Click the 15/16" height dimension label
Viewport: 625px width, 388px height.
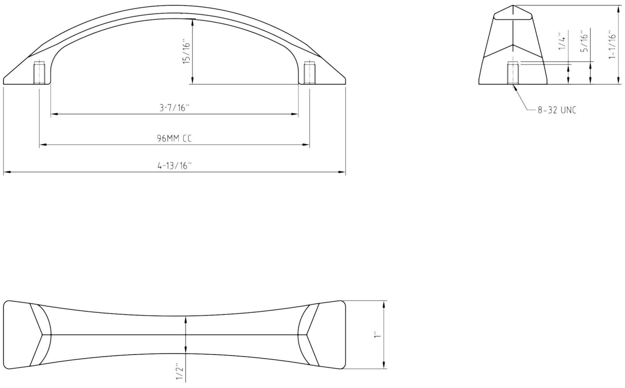(x=186, y=53)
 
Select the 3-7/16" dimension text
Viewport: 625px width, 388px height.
(x=175, y=108)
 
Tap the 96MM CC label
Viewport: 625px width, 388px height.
(x=175, y=138)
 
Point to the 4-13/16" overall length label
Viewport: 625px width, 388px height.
(x=175, y=166)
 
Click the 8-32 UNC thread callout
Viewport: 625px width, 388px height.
(x=557, y=110)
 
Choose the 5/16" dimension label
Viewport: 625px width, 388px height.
(x=584, y=41)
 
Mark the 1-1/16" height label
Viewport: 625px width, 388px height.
(x=612, y=45)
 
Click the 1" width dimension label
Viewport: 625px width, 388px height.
(x=377, y=335)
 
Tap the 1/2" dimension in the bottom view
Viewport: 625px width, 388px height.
(x=180, y=373)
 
